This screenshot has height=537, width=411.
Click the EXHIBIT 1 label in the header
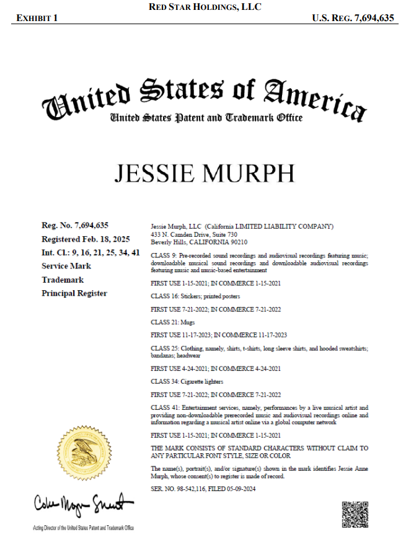point(37,18)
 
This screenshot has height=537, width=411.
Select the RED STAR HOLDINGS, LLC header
point(205,7)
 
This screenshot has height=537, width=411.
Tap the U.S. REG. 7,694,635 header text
point(353,18)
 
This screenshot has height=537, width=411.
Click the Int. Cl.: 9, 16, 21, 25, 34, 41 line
point(91,252)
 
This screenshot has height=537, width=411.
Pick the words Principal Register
point(74,293)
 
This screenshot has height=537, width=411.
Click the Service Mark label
point(66,266)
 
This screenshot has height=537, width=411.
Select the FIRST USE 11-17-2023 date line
point(219,335)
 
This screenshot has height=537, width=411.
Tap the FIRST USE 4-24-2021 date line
point(216,368)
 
